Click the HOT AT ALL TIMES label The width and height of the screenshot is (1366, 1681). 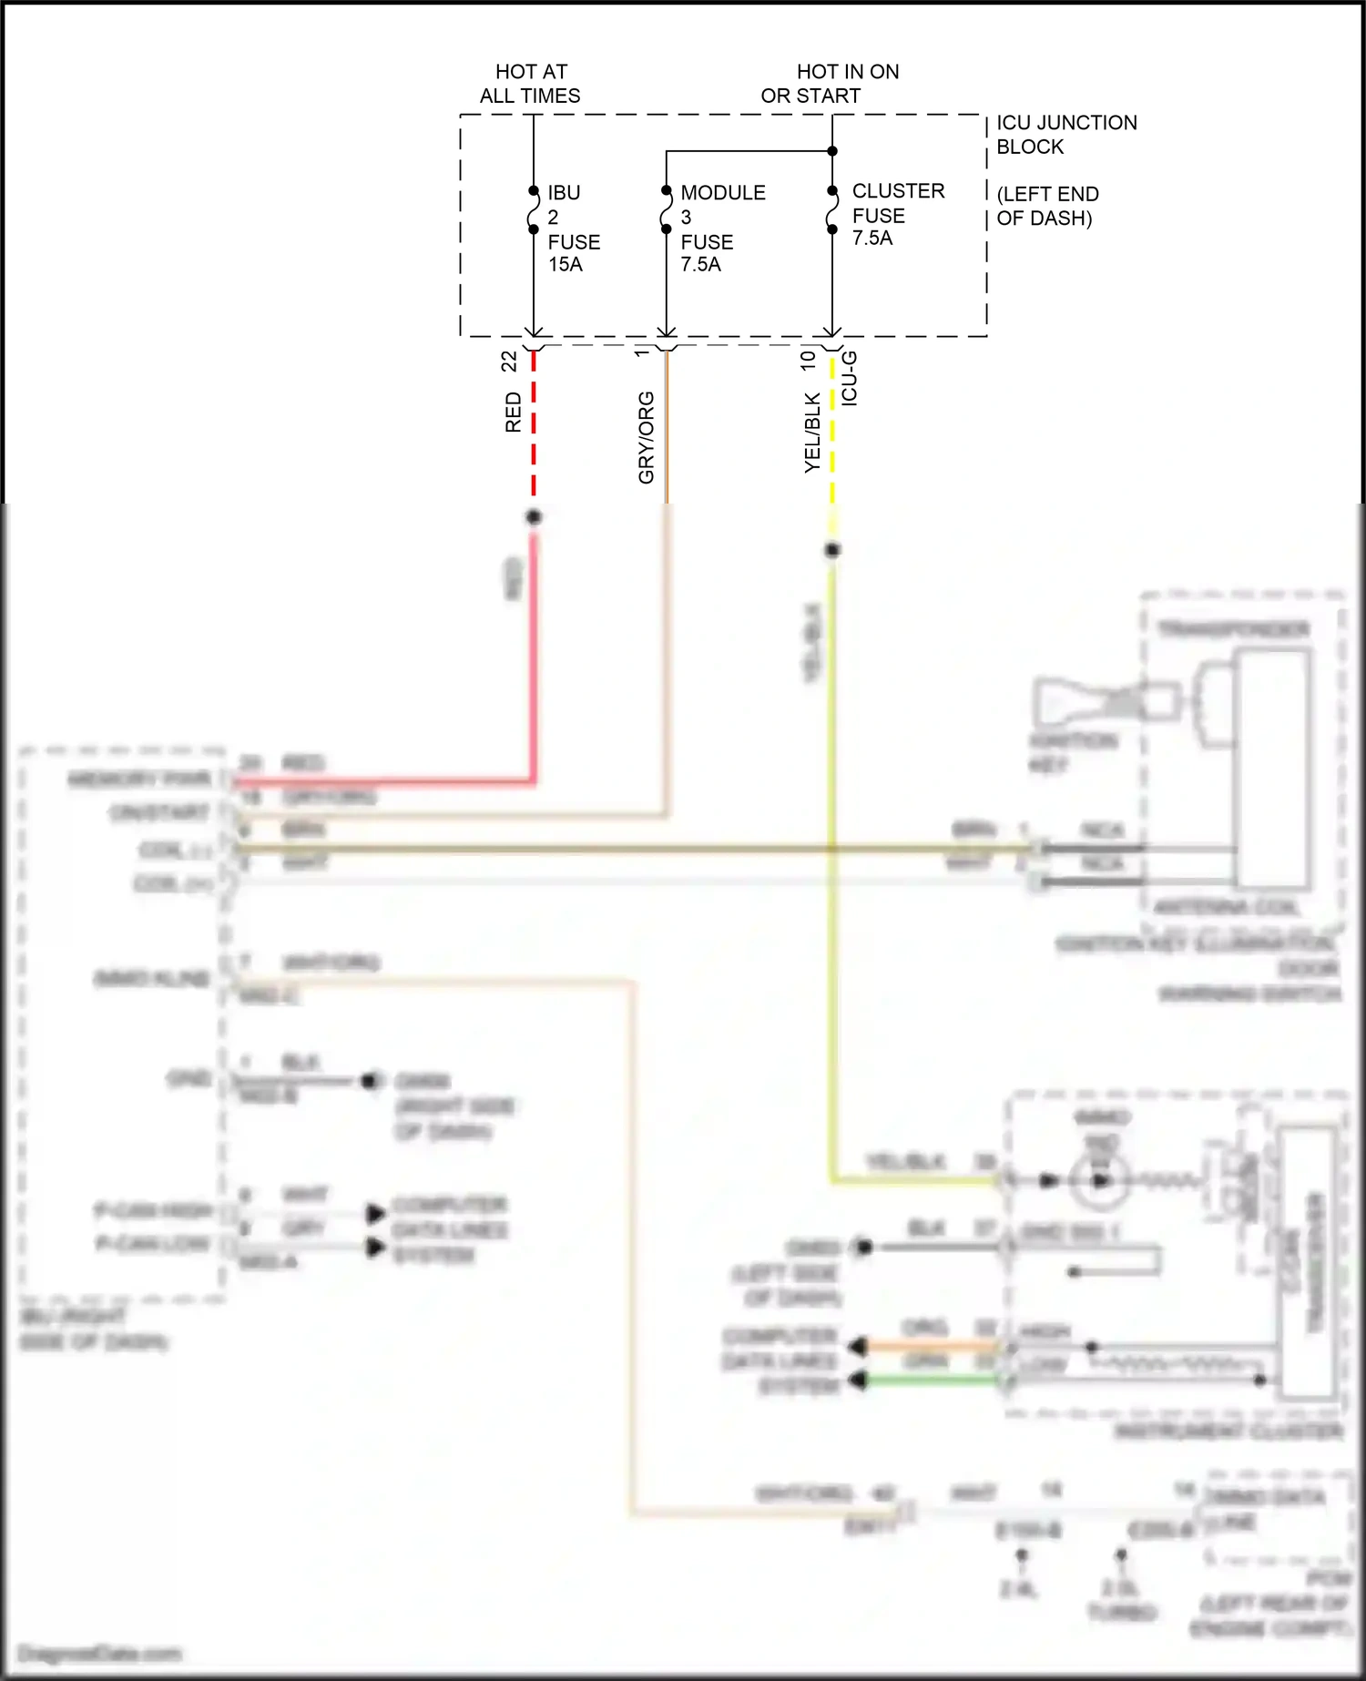tap(531, 84)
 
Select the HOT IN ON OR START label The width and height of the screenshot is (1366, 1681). tap(829, 84)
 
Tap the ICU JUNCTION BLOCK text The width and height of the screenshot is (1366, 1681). tap(1065, 135)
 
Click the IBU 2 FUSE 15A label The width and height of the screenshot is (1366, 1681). tap(573, 229)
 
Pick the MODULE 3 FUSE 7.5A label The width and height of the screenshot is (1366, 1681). tap(721, 229)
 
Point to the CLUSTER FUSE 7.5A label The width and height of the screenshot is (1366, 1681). tap(897, 214)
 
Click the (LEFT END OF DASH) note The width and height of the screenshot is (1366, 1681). tap(1047, 206)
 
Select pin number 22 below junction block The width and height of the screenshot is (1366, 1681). tap(509, 361)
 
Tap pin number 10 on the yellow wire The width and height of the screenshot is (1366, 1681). tap(808, 360)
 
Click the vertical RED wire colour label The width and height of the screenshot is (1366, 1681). tap(514, 412)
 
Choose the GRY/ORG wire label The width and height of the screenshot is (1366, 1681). tap(646, 437)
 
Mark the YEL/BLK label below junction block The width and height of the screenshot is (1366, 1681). tap(812, 433)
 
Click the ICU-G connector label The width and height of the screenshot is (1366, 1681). tap(849, 378)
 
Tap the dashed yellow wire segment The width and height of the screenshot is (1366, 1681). tap(832, 428)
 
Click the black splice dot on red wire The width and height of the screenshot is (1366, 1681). tap(534, 517)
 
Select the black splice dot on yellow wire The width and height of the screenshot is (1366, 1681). tap(832, 550)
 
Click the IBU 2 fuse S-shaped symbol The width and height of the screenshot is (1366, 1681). tap(534, 210)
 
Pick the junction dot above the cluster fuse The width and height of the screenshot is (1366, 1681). tap(832, 151)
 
